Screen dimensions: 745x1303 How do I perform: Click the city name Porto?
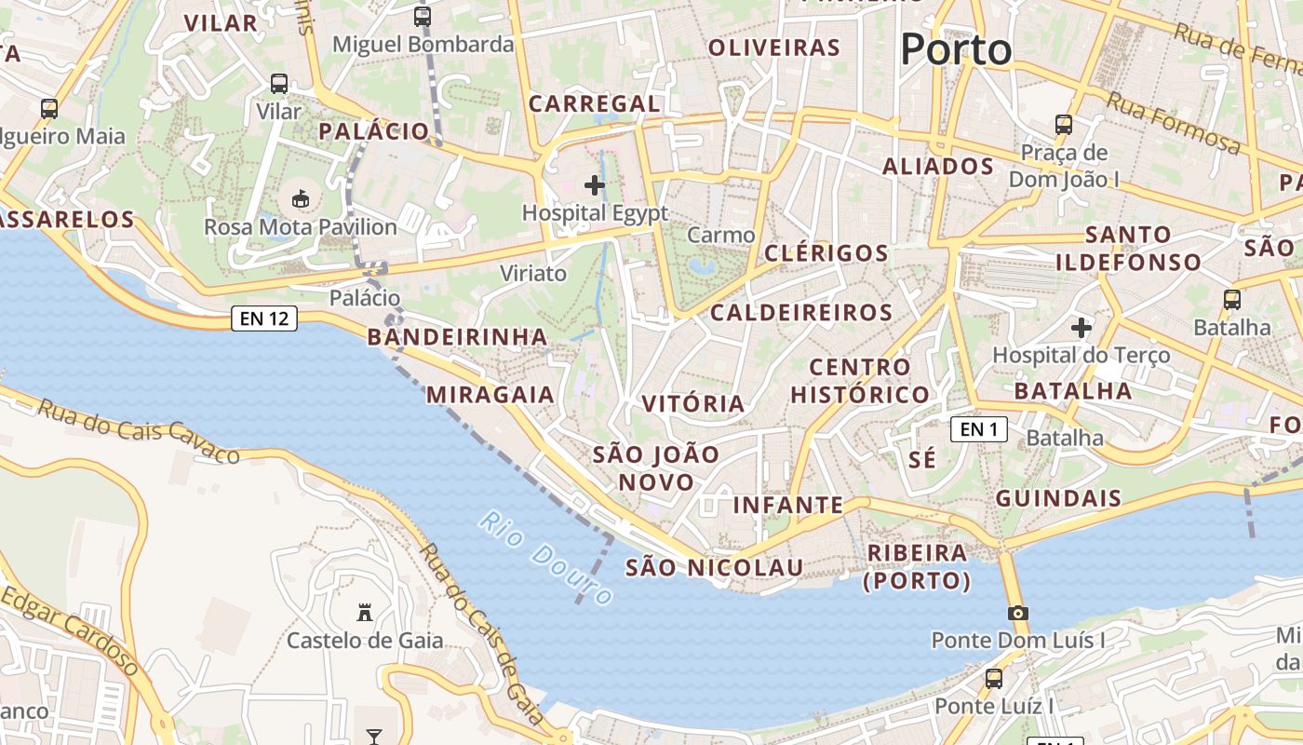[956, 49]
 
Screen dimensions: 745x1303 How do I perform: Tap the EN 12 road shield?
[264, 318]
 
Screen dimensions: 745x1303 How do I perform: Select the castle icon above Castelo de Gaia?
[365, 612]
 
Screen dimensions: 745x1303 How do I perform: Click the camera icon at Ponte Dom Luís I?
[1018, 613]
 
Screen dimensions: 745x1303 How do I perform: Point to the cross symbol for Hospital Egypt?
[595, 185]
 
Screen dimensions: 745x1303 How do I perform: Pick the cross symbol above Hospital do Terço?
[1081, 328]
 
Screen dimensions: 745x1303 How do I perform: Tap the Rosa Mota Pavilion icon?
[301, 198]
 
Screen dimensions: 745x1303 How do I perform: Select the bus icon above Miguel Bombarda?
[423, 16]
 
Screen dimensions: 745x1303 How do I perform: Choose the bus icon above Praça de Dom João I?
[1063, 124]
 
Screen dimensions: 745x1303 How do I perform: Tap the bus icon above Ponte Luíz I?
[994, 678]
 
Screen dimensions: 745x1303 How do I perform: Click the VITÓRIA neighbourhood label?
[693, 404]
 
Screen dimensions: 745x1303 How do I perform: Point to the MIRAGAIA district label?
[490, 395]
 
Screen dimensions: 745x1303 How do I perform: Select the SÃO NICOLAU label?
[713, 567]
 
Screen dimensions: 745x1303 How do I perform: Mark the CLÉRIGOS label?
[826, 253]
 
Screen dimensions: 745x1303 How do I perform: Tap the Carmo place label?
[721, 236]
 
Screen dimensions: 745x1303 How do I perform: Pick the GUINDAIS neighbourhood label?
[1058, 498]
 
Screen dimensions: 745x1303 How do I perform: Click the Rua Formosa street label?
[1175, 126]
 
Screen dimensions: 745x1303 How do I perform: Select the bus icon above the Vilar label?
[279, 83]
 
